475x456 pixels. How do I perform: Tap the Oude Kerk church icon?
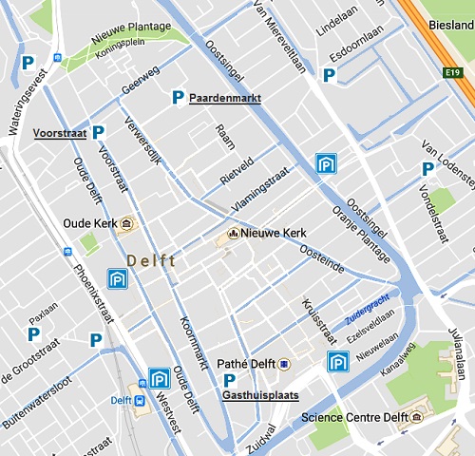pyautogui.click(x=129, y=224)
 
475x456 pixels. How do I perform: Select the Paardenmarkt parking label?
pyautogui.click(x=225, y=98)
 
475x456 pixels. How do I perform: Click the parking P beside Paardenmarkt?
pyautogui.click(x=178, y=97)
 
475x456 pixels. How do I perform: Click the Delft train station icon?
pyautogui.click(x=141, y=400)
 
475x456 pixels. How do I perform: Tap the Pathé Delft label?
pyautogui.click(x=246, y=364)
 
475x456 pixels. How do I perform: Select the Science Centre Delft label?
pyautogui.click(x=348, y=417)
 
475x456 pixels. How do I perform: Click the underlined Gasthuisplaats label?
pyautogui.click(x=259, y=395)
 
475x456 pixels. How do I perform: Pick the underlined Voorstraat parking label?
pyautogui.click(x=60, y=134)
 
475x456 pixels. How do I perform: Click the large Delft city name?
pyautogui.click(x=150, y=261)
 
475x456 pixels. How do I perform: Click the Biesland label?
pyautogui.click(x=451, y=26)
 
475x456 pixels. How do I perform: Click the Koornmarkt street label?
pyautogui.click(x=193, y=342)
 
